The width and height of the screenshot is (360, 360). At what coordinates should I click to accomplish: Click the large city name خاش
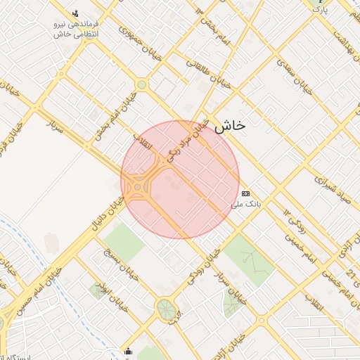[x=230, y=126]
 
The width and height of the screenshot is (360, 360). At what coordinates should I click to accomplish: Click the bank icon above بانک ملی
[x=245, y=193]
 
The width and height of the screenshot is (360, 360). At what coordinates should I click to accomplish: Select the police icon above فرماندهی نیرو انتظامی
[x=76, y=13]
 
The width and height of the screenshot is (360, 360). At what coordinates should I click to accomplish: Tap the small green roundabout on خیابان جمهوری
[x=142, y=85]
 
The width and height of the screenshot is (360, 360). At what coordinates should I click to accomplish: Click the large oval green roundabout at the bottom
[x=167, y=309]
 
